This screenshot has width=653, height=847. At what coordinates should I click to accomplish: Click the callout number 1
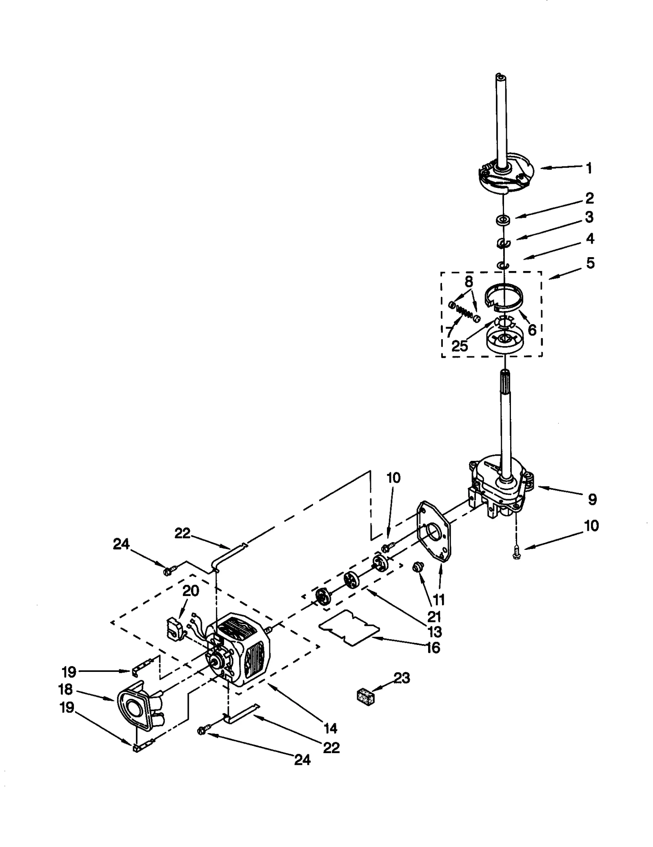589,168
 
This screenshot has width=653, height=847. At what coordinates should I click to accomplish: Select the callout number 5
590,263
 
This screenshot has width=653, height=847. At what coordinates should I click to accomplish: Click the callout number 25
460,345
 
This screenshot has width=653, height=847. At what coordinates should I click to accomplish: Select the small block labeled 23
366,696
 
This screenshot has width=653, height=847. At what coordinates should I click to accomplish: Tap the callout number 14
330,728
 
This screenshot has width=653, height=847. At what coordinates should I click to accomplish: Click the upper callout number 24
121,544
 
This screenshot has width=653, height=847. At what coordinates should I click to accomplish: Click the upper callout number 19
69,671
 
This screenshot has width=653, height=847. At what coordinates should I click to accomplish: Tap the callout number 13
435,631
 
